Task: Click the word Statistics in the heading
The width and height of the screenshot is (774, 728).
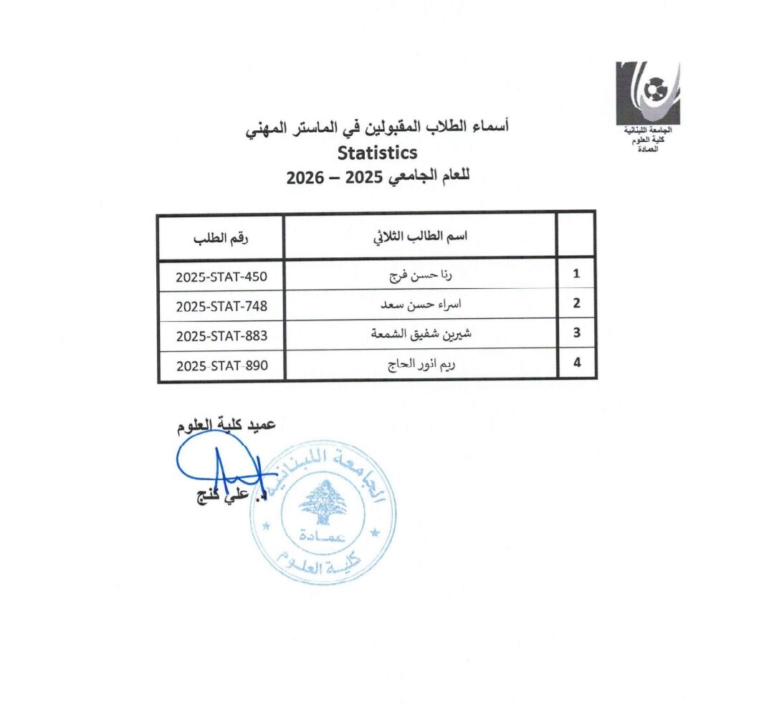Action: click(x=377, y=153)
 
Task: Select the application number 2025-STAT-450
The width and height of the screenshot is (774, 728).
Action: click(x=221, y=274)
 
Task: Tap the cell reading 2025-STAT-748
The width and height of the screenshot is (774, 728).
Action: click(x=221, y=305)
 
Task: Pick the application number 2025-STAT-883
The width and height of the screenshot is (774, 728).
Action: click(x=221, y=334)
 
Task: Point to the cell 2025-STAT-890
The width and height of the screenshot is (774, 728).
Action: click(x=221, y=365)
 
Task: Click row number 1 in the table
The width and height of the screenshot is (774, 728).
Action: click(x=576, y=274)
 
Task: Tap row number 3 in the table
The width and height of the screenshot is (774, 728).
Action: click(x=576, y=334)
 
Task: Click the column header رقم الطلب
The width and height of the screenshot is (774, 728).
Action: click(x=221, y=237)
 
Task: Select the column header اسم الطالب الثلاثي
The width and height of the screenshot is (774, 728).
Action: click(x=421, y=237)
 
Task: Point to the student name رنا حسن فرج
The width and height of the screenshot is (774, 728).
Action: click(x=421, y=274)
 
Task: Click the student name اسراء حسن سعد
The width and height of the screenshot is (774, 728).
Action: click(x=421, y=305)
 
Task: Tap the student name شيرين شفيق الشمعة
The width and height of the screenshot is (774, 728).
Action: click(x=421, y=334)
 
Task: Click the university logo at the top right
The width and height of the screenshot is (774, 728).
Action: click(x=648, y=94)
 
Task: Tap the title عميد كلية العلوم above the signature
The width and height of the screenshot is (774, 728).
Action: click(x=227, y=426)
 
